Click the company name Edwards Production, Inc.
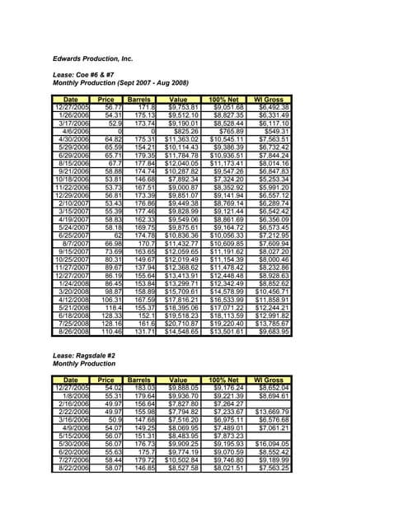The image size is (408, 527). point(92,59)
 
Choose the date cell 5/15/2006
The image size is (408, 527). point(75,435)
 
